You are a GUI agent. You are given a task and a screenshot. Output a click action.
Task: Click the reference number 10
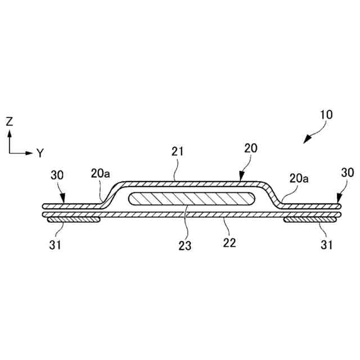327,115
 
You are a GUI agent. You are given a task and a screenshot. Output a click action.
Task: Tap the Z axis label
9,120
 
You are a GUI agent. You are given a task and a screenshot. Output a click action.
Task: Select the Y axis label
40,152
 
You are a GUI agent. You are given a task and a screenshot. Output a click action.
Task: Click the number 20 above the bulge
251,148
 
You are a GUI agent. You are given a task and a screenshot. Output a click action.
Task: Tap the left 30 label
58,174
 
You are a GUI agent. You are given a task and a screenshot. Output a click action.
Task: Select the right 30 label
347,173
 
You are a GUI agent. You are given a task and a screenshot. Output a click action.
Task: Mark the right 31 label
327,245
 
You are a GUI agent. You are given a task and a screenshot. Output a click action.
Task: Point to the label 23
184,245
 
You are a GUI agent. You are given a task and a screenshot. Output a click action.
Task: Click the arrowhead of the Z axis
10,133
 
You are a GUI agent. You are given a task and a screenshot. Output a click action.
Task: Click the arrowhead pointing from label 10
307,140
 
